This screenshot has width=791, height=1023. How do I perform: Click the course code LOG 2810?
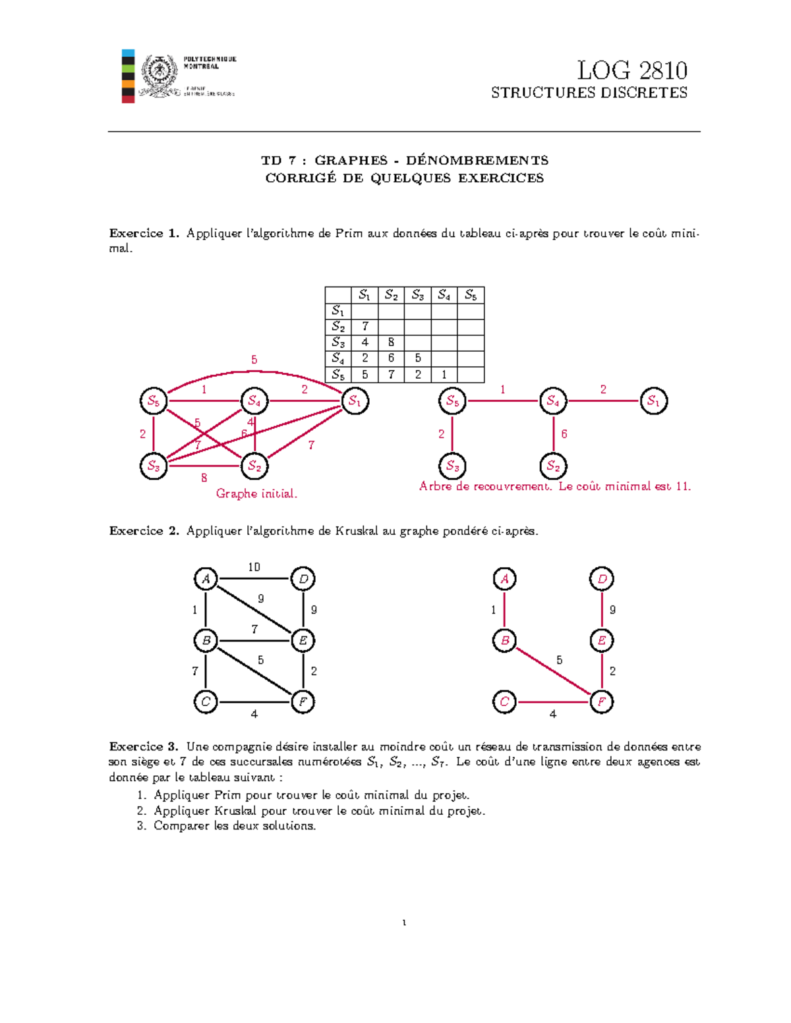coord(631,70)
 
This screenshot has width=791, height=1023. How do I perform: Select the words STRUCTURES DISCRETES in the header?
coord(589,93)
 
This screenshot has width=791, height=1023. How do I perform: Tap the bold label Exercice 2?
coord(144,531)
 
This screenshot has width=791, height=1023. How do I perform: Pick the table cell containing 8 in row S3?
coord(391,343)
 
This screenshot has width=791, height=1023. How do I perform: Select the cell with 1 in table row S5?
coord(444,375)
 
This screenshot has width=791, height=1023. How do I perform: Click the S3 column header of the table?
coord(417,295)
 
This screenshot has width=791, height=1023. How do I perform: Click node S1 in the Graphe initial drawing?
coord(355,401)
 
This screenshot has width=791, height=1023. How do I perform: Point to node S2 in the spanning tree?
coord(553,466)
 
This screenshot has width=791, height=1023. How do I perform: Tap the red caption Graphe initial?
coord(256,493)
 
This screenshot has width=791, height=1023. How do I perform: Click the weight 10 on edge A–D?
coord(254,567)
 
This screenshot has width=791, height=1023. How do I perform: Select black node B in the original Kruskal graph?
coord(206,640)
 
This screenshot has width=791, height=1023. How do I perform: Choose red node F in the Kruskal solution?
coord(601,702)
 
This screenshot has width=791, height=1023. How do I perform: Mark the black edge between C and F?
coord(254,702)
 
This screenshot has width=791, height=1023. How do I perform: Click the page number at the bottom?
coord(403,922)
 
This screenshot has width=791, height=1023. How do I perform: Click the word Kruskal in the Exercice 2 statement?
coord(359,531)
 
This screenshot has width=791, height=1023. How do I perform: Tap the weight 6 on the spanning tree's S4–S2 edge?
coord(564,434)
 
